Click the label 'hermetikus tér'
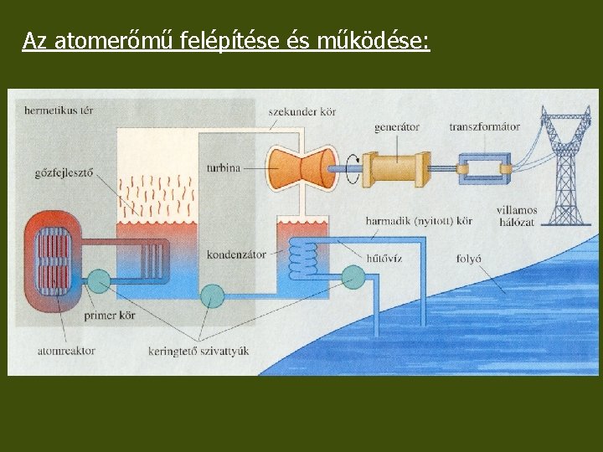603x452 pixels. [59, 110]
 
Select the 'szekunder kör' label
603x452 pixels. [302, 111]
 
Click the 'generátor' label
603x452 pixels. [398, 127]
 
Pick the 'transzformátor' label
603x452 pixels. [484, 127]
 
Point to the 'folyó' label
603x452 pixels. [468, 258]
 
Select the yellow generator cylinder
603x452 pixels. [399, 167]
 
